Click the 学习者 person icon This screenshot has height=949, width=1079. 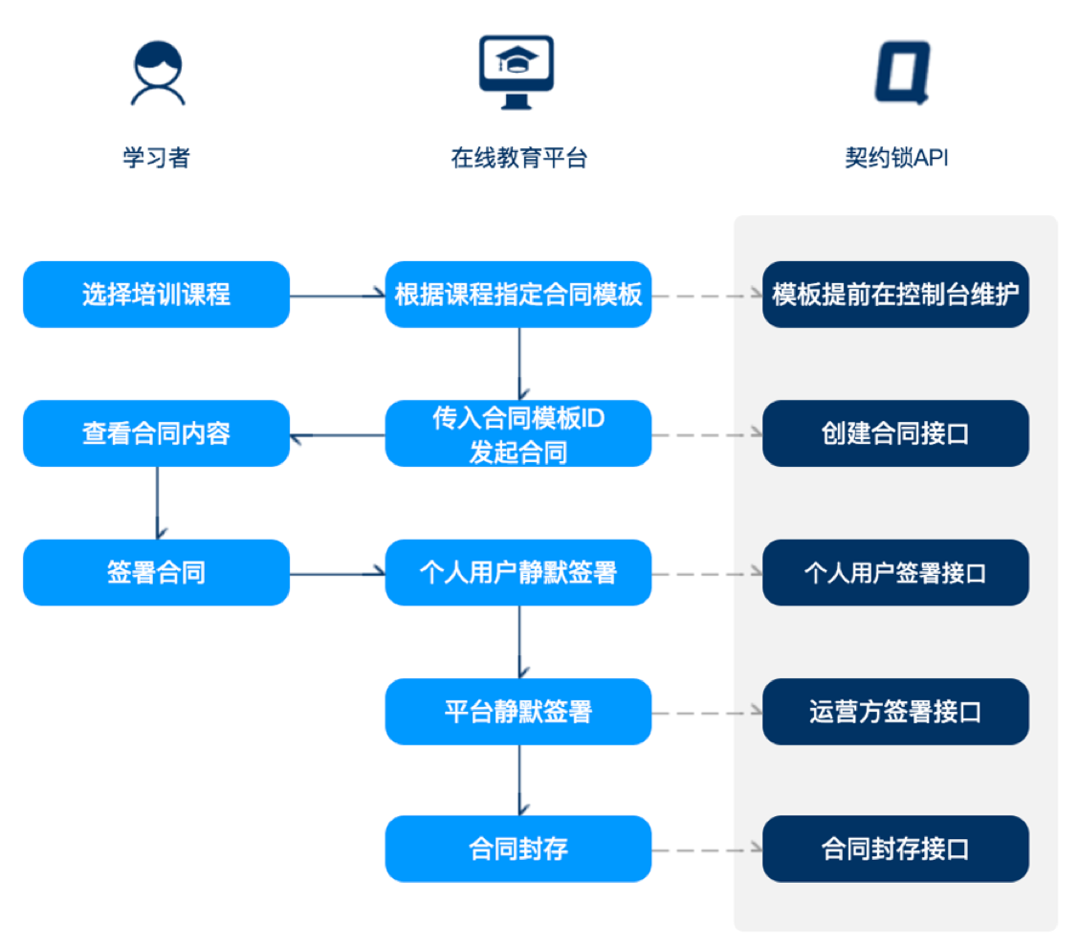tap(158, 73)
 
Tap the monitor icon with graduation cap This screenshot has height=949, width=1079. tap(517, 73)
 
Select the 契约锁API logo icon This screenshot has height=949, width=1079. tap(902, 73)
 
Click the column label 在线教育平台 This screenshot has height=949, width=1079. tap(518, 158)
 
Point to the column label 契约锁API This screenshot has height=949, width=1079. tap(896, 158)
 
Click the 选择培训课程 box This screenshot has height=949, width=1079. tap(156, 295)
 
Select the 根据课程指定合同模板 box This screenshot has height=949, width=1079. tap(518, 295)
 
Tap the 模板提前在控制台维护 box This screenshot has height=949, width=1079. tap(895, 295)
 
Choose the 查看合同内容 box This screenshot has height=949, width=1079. tap(156, 433)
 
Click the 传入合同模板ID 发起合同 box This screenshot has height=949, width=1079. tap(518, 433)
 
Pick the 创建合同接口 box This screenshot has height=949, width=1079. tap(895, 433)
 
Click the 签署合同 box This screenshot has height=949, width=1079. tap(156, 573)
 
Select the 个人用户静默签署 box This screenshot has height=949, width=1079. tap(518, 573)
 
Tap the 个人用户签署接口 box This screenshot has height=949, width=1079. tap(895, 573)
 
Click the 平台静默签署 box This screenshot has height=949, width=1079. tap(518, 712)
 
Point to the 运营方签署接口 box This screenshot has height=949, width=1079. tap(895, 712)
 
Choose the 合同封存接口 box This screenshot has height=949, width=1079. tap(895, 850)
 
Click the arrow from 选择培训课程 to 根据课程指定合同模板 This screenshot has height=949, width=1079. tap(337, 296)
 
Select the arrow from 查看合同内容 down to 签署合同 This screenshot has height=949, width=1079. tap(158, 503)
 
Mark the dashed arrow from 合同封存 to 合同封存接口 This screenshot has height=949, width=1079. tap(707, 850)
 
